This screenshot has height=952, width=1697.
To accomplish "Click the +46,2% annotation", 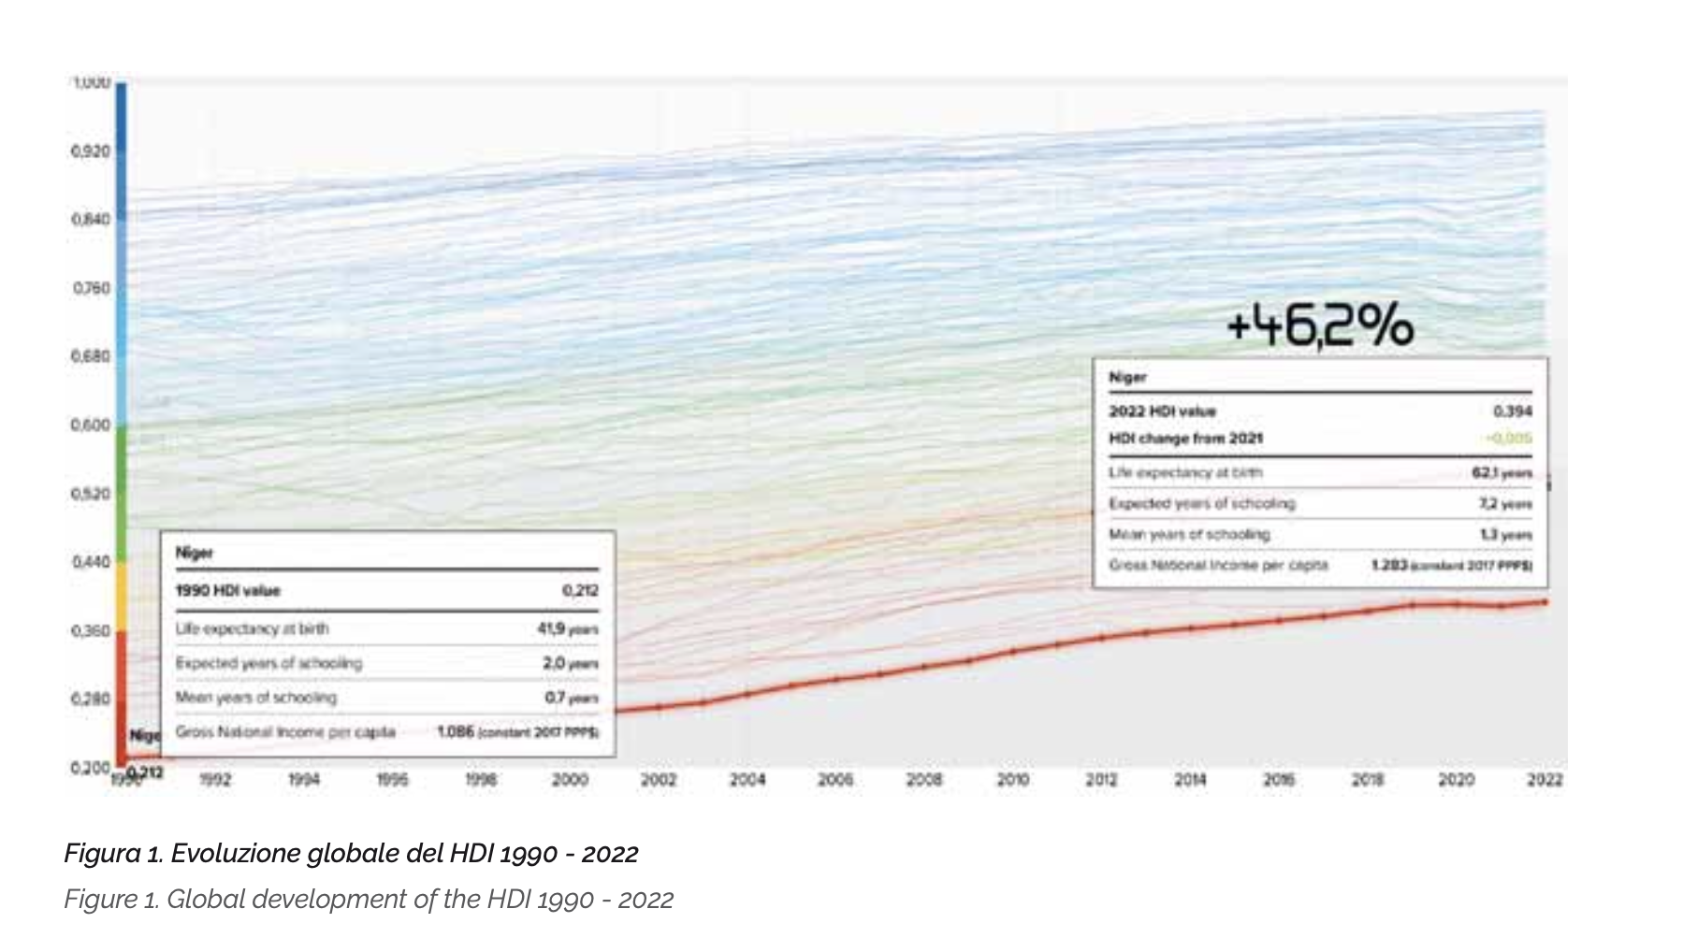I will tap(1319, 327).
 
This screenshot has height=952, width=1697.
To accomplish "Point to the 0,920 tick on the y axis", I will tap(92, 151).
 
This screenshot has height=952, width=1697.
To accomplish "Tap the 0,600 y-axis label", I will tap(92, 425).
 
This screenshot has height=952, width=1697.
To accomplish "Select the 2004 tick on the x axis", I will tap(747, 780).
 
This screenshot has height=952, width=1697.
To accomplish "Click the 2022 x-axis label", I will tap(1545, 780).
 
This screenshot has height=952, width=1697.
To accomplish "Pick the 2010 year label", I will tap(1013, 780).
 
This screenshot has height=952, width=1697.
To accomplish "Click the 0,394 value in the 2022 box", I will tap(1513, 411).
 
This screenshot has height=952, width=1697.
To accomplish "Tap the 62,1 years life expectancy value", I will tap(1501, 473).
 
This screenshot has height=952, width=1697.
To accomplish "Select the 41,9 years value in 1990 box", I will tap(567, 628).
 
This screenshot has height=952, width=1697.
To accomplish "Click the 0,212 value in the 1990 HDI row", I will tap(580, 590).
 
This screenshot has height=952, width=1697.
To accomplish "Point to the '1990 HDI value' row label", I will tap(228, 590).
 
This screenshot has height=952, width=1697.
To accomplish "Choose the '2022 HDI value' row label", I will tap(1162, 411).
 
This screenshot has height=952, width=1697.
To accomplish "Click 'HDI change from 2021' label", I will tap(1185, 438).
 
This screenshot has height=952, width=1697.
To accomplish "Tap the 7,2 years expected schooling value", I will tap(1504, 504).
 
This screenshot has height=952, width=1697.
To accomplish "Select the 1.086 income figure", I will tap(456, 731).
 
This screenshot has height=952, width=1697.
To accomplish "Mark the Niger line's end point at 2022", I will tap(1545, 602).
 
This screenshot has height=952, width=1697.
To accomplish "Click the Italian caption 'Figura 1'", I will tap(351, 853).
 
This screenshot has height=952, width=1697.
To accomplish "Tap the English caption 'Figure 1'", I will tap(368, 899).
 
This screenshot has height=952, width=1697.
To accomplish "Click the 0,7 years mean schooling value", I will tap(571, 698).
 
